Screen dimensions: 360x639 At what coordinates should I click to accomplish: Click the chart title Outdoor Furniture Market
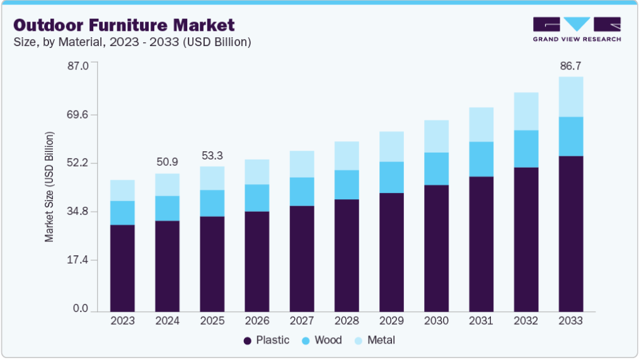click(x=124, y=25)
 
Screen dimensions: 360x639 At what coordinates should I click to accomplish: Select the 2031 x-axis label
click(x=481, y=321)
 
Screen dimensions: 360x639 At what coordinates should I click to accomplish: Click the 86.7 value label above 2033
click(x=571, y=66)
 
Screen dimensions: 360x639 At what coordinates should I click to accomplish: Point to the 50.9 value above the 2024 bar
click(x=167, y=162)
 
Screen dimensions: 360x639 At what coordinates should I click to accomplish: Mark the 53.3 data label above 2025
click(x=212, y=155)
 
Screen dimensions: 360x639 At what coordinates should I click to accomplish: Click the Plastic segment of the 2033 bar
click(x=571, y=233)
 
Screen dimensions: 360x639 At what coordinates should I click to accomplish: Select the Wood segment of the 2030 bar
click(x=436, y=168)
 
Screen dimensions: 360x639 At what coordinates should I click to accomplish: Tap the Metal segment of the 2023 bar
click(x=122, y=190)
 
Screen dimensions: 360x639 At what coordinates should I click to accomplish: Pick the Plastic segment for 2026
click(x=257, y=261)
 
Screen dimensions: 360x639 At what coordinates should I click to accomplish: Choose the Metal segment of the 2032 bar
click(x=526, y=111)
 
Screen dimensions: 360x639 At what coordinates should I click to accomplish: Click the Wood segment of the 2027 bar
click(x=302, y=192)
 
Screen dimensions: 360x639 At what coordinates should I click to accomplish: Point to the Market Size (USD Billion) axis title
click(x=49, y=187)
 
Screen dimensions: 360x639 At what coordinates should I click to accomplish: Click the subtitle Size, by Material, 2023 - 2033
click(x=132, y=42)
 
